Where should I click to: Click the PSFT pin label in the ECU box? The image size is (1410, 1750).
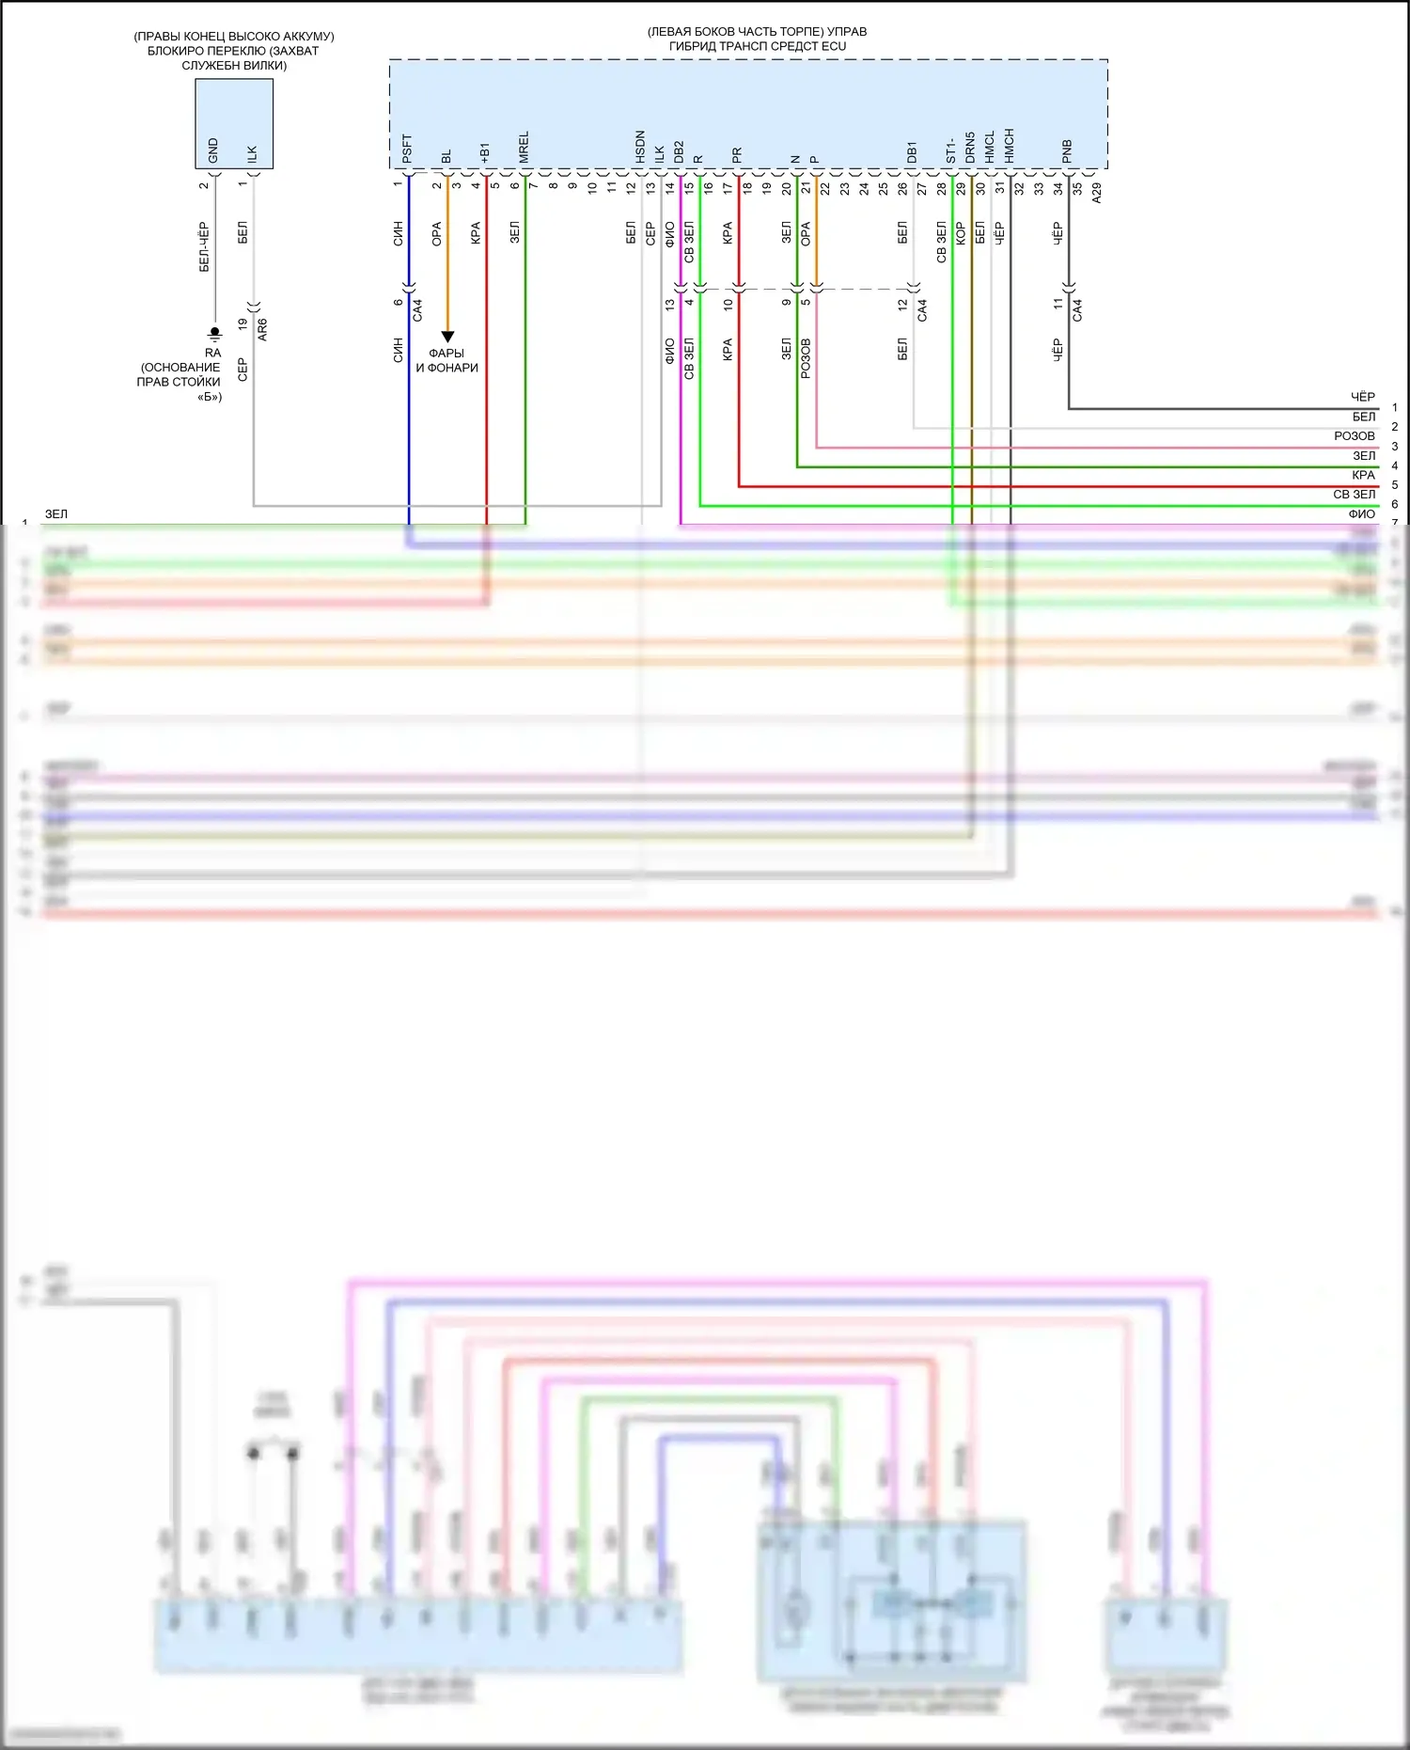[x=407, y=149]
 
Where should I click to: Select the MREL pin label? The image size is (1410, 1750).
[x=524, y=148]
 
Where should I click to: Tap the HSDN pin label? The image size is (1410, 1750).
[x=640, y=148]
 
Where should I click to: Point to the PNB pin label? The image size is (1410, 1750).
[x=1067, y=151]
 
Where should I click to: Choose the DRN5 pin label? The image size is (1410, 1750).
[x=970, y=148]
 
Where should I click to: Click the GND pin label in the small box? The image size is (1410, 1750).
[x=213, y=150]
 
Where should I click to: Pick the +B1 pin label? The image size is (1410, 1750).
[x=485, y=153]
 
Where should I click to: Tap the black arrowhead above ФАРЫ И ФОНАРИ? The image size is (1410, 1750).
[x=447, y=337]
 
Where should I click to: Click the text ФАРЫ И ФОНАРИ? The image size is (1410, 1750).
[x=447, y=360]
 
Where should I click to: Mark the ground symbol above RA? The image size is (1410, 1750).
[x=214, y=333]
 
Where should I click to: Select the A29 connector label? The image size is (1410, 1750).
[x=1097, y=193]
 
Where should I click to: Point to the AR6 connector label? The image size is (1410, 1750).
[x=262, y=329]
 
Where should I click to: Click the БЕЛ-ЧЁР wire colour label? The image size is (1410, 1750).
[x=204, y=247]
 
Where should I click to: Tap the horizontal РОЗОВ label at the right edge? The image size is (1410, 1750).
[x=1354, y=436]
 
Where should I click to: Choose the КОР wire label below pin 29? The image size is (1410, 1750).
[x=961, y=233]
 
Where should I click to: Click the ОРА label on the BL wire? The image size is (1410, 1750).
[x=437, y=234]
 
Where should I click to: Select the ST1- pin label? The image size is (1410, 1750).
[x=950, y=150]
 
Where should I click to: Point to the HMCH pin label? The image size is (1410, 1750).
[x=1009, y=147]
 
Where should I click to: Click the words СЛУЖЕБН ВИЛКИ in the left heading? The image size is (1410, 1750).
[x=234, y=66]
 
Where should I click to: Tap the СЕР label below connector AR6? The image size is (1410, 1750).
[x=243, y=370]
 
